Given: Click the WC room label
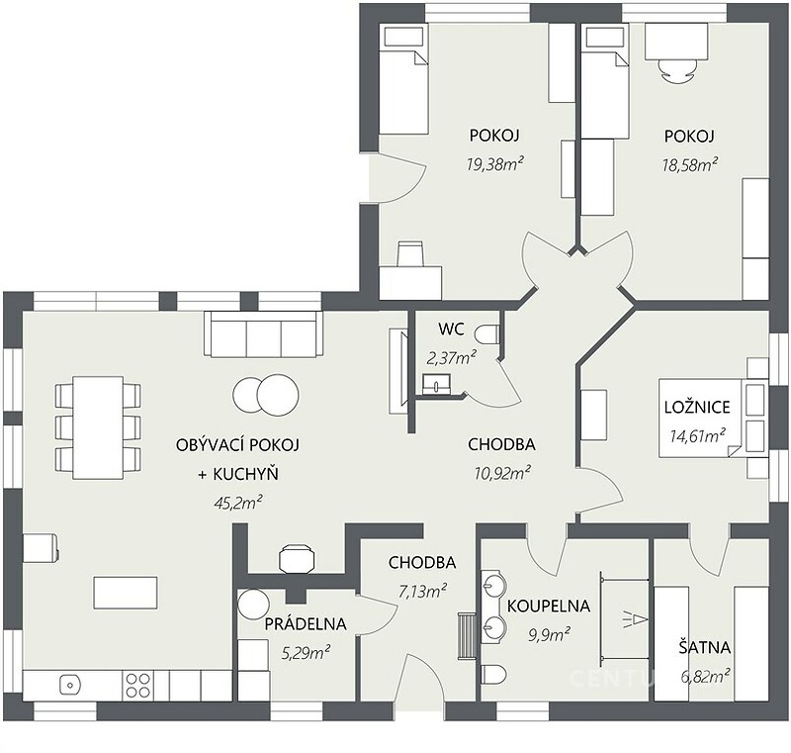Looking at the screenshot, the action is (x=451, y=329).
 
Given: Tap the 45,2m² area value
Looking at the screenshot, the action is (x=238, y=503).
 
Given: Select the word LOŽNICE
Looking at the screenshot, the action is (x=697, y=408).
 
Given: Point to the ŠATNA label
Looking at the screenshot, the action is (x=704, y=647).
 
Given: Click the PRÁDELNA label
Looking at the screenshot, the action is (x=306, y=624).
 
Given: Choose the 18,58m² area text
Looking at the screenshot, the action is (x=689, y=164).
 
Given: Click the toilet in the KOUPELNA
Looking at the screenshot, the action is (x=493, y=674).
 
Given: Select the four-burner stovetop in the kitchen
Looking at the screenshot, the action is (x=137, y=686).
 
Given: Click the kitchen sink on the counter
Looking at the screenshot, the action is (x=70, y=685).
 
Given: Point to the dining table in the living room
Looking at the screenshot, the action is (x=98, y=427).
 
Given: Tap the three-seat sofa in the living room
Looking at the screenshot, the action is (x=263, y=334).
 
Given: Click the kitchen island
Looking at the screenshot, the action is (x=126, y=593).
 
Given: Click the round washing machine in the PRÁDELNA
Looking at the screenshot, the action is (x=253, y=604).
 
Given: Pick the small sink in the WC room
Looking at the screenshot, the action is (x=435, y=384).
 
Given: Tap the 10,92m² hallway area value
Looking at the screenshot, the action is (x=502, y=473).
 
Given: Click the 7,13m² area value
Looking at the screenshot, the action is (x=422, y=591).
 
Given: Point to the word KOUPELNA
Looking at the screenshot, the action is (x=549, y=607).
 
